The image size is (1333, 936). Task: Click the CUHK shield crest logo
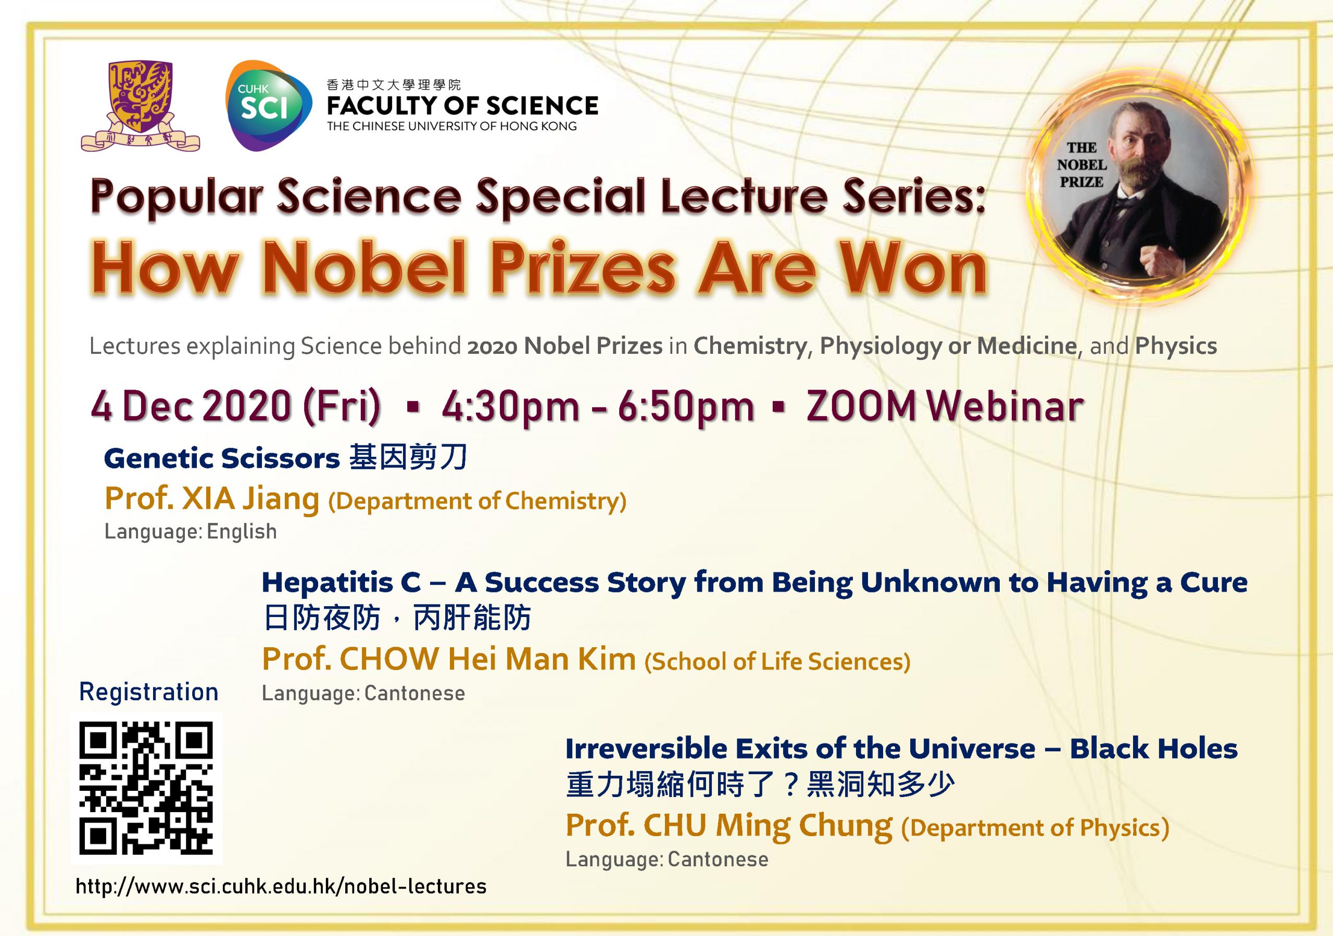(140, 106)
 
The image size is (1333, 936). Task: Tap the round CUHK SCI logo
(268, 106)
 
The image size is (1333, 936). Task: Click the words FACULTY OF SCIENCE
(462, 106)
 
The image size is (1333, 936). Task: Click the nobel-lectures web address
(281, 886)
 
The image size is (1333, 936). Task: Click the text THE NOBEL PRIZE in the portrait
(1082, 165)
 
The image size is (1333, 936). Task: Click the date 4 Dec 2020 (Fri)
(236, 406)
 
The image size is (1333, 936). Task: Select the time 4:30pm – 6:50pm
(597, 406)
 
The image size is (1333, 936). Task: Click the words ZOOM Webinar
(945, 406)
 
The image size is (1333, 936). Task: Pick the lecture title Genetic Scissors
(222, 458)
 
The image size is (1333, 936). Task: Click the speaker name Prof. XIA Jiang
(212, 498)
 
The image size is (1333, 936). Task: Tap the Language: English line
(191, 532)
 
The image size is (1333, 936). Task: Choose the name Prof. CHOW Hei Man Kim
(449, 659)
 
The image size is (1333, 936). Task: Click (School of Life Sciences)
(777, 661)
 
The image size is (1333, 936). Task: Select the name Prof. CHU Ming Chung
(729, 826)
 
